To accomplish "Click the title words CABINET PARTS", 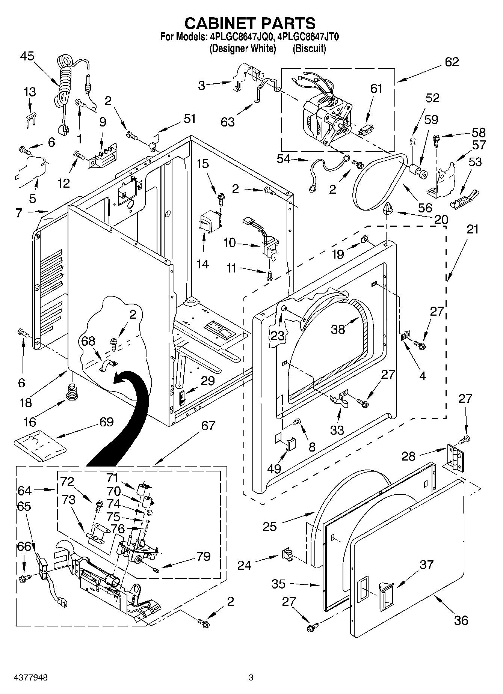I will (250, 23).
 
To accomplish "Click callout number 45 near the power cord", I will (27, 56).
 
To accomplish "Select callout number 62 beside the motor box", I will (452, 62).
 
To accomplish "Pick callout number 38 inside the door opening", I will (338, 329).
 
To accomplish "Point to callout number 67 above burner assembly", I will (208, 426).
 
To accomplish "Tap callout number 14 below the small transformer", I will (202, 264).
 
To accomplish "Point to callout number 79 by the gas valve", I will (203, 556).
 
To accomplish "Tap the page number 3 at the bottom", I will (251, 678).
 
